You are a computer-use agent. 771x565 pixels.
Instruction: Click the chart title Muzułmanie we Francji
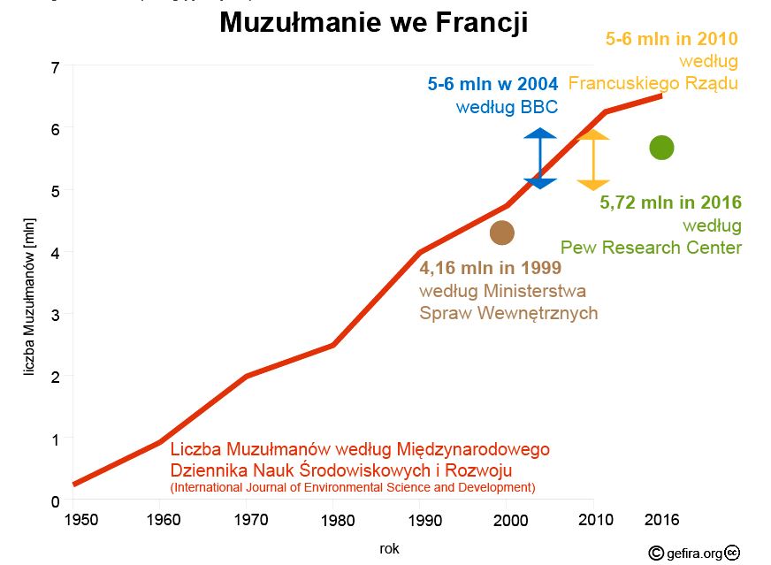tap(373, 23)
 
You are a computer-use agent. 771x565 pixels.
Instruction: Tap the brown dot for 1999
tap(502, 233)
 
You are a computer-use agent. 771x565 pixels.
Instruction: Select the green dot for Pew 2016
tap(661, 148)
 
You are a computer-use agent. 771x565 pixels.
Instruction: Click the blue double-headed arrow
tap(540, 158)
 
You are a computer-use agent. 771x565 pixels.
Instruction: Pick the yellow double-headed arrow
tap(593, 160)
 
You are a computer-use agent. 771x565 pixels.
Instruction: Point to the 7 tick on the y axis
tap(55, 67)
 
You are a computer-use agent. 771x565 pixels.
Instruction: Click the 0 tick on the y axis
tap(55, 501)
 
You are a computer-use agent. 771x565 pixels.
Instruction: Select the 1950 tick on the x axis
tap(82, 520)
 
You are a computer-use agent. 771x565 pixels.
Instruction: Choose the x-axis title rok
tap(390, 549)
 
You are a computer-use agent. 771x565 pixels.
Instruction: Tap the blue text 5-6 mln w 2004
tap(492, 85)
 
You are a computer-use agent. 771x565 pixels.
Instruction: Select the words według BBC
tap(507, 108)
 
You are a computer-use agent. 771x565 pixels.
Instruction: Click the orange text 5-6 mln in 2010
tap(671, 39)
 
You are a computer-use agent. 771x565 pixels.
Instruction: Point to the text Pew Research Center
tap(651, 248)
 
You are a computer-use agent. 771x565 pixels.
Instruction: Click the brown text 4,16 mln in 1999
tap(490, 267)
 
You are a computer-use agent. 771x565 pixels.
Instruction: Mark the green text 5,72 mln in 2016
tap(670, 202)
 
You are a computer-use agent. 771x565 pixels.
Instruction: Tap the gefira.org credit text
tap(694, 554)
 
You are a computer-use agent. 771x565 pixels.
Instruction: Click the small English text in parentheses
tap(352, 487)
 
